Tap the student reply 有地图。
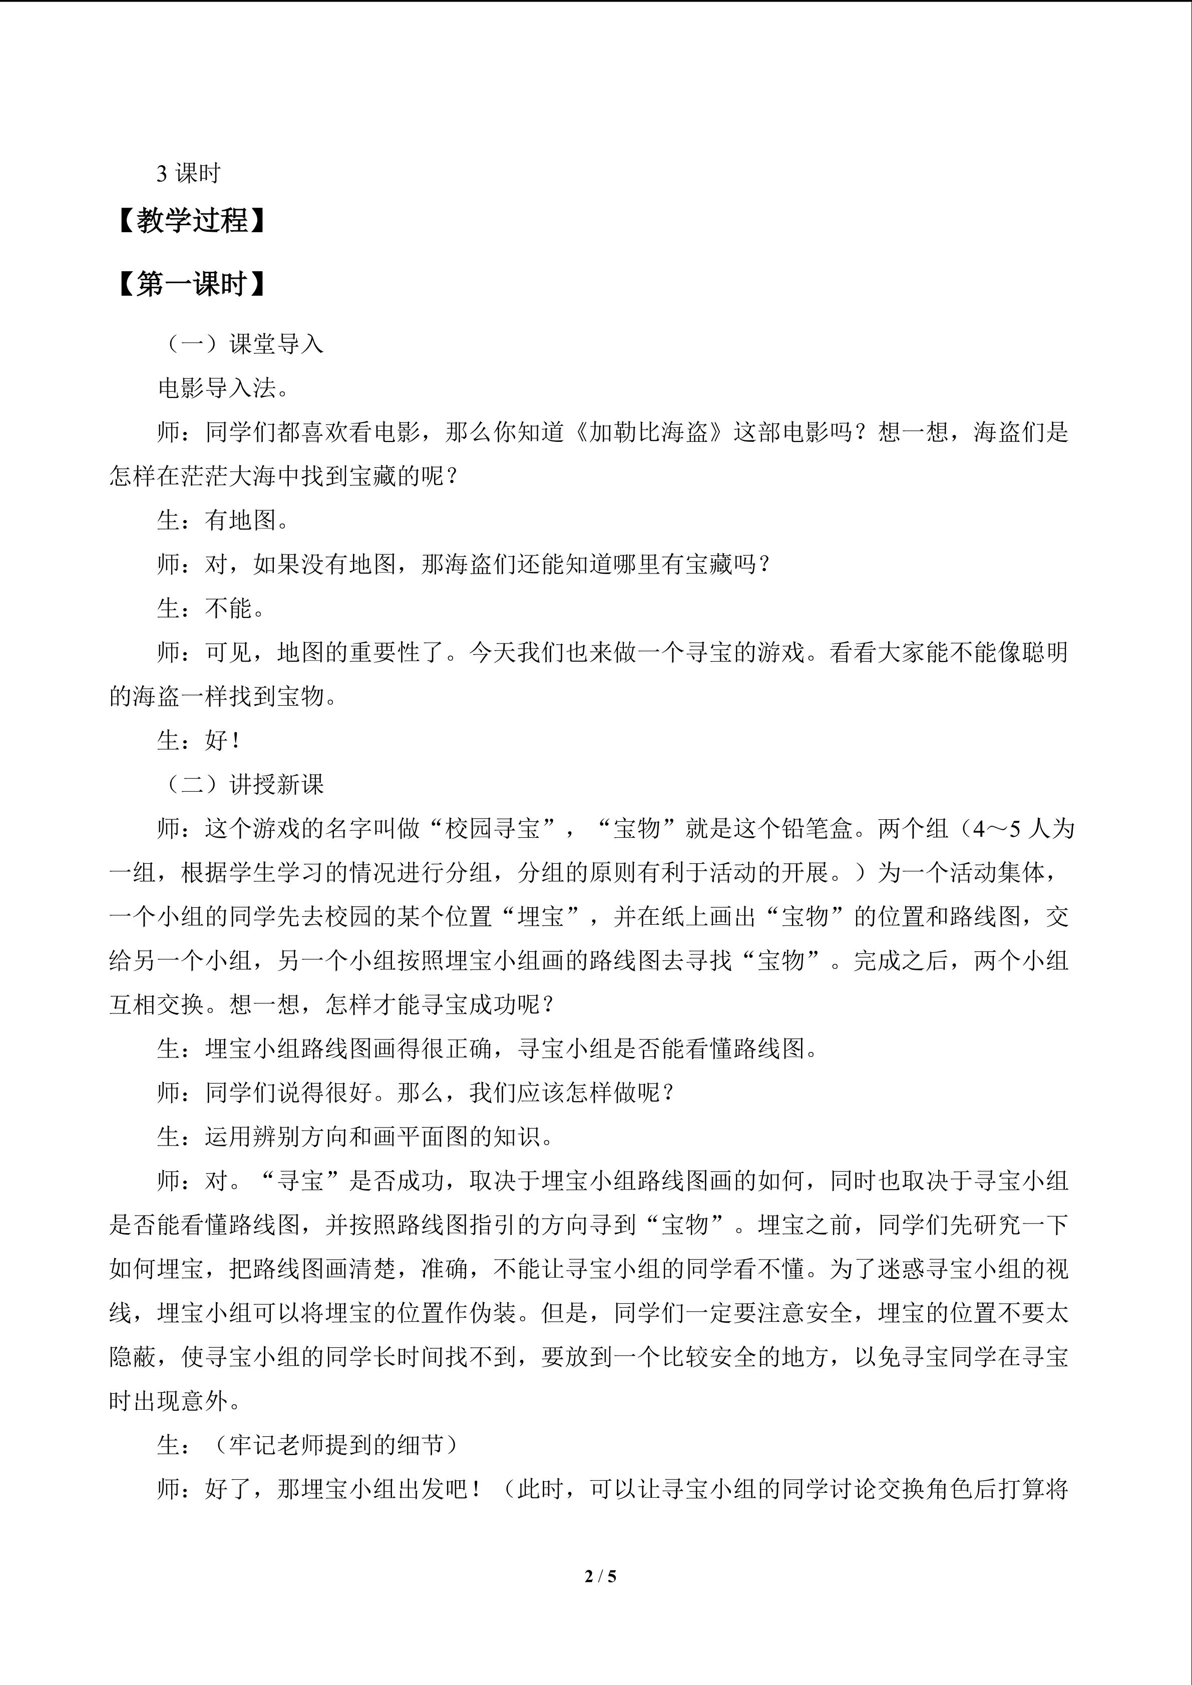pos(247,520)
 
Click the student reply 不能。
pos(235,609)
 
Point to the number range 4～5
pos(997,829)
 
